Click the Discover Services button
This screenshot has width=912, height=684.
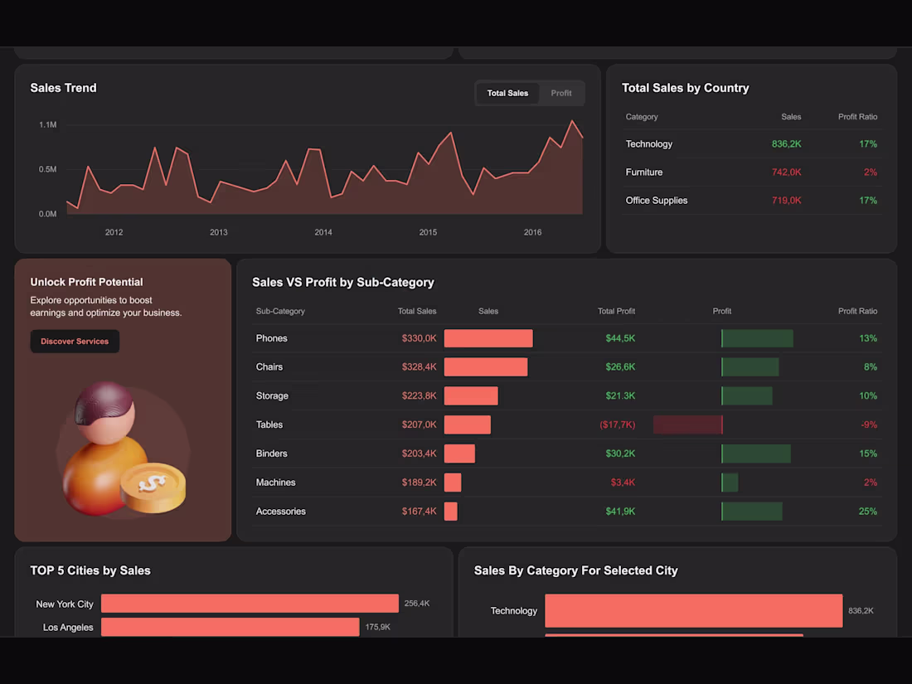tap(75, 342)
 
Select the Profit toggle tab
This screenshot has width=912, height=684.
tap(561, 93)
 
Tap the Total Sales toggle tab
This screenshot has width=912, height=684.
tap(507, 93)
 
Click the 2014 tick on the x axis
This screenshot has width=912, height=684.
tap(323, 232)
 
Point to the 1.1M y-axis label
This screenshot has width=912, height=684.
tap(47, 124)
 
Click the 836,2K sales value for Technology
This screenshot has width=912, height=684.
tap(786, 144)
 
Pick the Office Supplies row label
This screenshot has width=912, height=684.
tap(656, 201)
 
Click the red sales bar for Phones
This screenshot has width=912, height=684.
tap(488, 338)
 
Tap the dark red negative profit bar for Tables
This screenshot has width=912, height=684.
tap(687, 424)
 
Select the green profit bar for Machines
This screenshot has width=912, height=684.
tap(730, 483)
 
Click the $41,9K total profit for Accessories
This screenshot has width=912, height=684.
tap(620, 512)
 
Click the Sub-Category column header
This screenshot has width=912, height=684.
tap(280, 311)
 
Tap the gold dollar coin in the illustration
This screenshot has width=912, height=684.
tap(153, 488)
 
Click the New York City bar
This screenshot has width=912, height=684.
tap(250, 604)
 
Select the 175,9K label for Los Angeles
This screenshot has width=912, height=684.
tap(377, 628)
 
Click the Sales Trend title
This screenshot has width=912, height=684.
tap(63, 88)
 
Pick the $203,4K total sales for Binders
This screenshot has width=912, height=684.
tap(419, 454)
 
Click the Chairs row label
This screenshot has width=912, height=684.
tap(269, 366)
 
